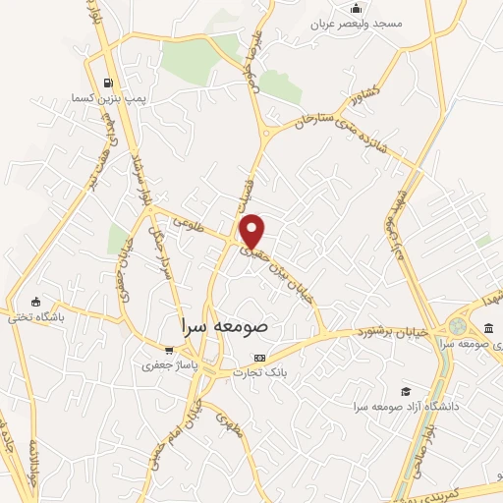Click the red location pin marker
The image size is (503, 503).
(253, 231)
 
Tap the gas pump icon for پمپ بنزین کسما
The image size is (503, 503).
(104, 83)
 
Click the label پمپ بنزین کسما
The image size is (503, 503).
(95, 99)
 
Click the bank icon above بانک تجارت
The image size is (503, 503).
(259, 358)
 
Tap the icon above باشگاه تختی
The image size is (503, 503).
(36, 302)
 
